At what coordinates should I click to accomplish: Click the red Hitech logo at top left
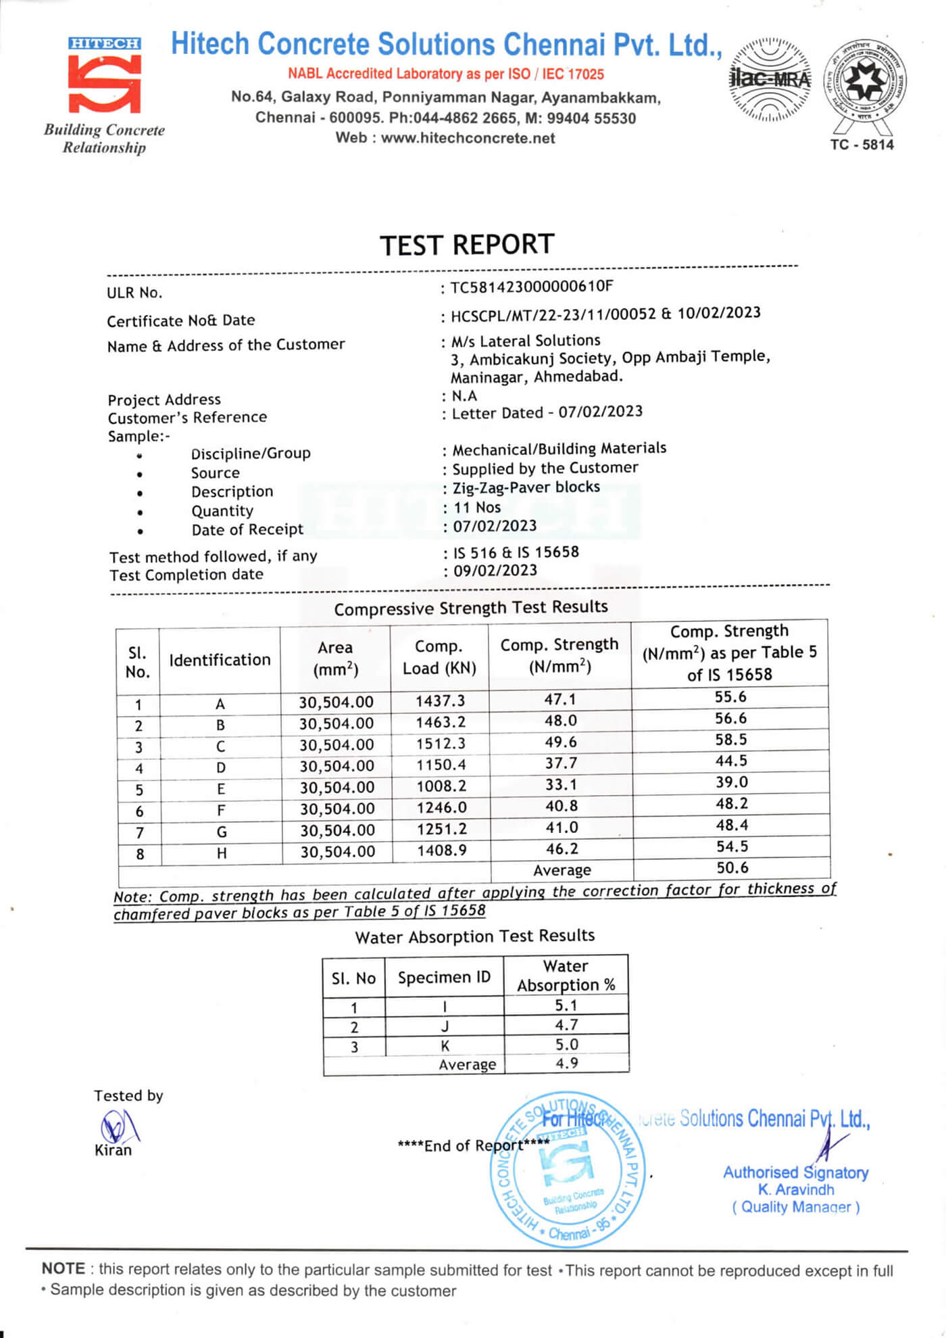point(104,76)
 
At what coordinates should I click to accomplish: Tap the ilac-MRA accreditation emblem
point(770,80)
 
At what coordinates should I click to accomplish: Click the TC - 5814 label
point(862,145)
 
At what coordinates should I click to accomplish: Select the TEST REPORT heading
point(467,245)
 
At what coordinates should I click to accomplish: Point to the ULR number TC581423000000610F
point(532,287)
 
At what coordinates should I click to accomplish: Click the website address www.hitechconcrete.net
point(468,138)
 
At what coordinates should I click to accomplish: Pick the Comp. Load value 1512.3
point(441,744)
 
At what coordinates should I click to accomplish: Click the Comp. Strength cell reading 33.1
point(560,785)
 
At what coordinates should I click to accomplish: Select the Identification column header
point(220,660)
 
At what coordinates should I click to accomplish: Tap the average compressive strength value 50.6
point(732,868)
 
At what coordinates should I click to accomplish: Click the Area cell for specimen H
point(337,852)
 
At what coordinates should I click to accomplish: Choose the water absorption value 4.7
point(566,1025)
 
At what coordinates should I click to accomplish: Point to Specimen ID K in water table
point(445,1046)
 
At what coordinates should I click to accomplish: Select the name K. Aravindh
point(795,1189)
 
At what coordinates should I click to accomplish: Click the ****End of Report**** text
point(473,1145)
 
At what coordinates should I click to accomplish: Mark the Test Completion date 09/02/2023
point(495,571)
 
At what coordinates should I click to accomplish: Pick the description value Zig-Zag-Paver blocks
point(526,487)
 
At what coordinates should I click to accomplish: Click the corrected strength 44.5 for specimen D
point(731,761)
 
